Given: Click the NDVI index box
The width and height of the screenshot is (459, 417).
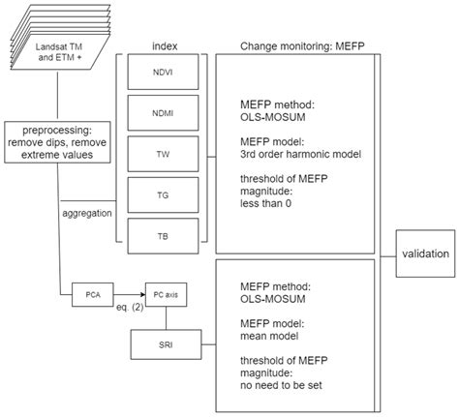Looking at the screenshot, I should pos(163,73).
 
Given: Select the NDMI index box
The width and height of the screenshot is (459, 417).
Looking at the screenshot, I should pos(163,113).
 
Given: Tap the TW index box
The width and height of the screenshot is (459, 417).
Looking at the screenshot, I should pos(163,152).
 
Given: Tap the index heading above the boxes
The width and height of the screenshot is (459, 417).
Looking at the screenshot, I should pos(164,45).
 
